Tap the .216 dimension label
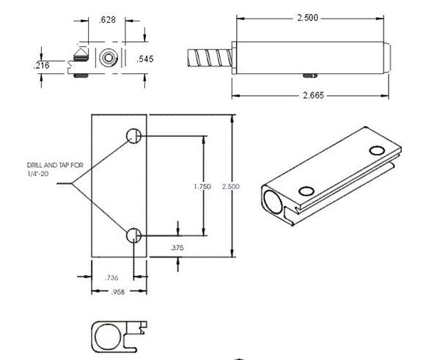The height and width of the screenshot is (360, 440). click(x=43, y=66)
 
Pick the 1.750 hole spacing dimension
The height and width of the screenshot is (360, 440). click(x=202, y=187)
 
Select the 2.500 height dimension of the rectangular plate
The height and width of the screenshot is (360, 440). click(x=231, y=187)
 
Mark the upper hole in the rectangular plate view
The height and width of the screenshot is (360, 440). click(x=133, y=136)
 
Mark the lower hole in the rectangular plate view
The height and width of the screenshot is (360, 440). click(x=133, y=235)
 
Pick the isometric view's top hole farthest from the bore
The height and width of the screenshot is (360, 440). click(x=377, y=150)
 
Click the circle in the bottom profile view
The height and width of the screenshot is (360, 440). click(x=108, y=335)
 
